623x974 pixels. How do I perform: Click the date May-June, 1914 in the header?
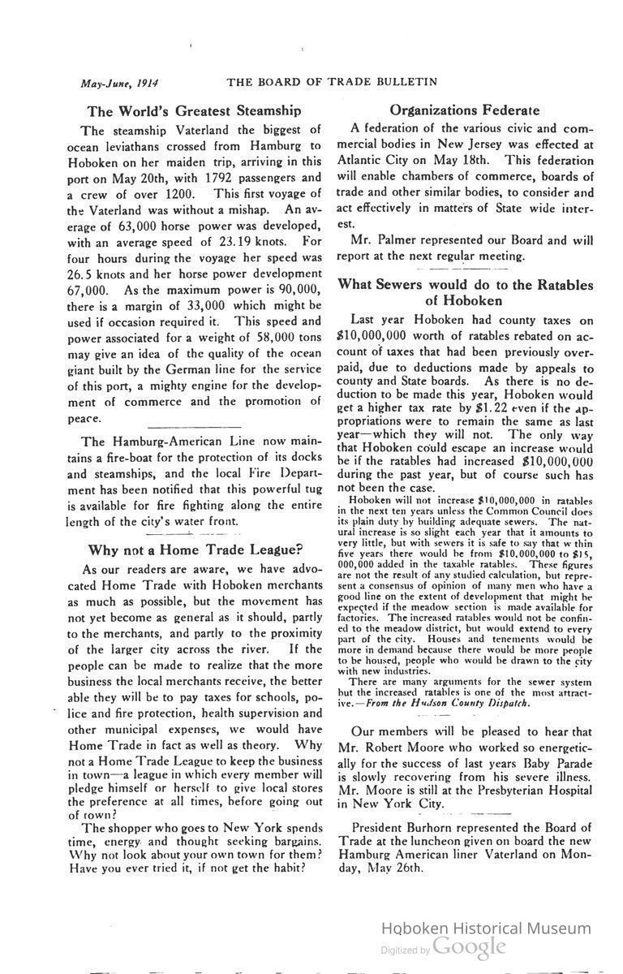[x=118, y=82]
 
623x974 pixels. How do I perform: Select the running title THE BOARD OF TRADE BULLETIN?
[x=332, y=81]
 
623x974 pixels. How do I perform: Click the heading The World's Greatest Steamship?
[x=194, y=110]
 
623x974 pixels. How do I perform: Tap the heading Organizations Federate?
[x=464, y=110]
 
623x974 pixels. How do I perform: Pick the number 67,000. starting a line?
[x=85, y=290]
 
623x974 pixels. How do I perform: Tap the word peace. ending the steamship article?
[x=84, y=419]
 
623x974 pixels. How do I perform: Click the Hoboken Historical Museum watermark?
[x=487, y=929]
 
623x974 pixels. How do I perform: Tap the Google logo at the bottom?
[x=470, y=947]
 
